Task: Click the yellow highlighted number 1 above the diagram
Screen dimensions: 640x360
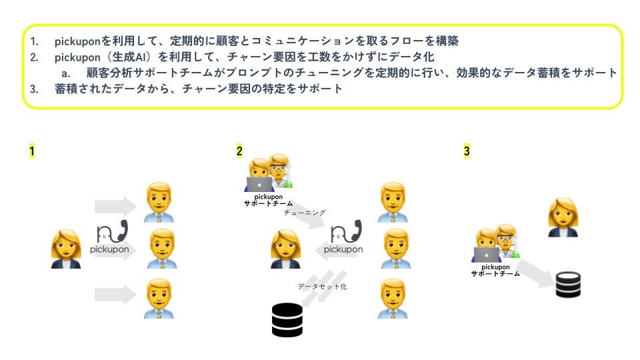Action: click(x=31, y=151)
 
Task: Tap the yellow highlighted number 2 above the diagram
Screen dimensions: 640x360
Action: click(x=239, y=151)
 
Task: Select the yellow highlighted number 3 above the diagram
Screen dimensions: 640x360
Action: click(x=467, y=151)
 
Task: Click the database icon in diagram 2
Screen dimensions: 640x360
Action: click(x=287, y=319)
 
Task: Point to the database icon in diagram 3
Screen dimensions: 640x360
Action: click(x=569, y=283)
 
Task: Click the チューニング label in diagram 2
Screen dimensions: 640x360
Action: click(x=305, y=213)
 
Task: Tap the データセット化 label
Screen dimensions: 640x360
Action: click(x=322, y=286)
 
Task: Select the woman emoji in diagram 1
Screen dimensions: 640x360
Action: click(x=66, y=249)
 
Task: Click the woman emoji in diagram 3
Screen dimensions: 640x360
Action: click(x=562, y=217)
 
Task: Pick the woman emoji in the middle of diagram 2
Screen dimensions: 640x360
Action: click(x=285, y=249)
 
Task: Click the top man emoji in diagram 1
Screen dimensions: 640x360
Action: click(x=159, y=201)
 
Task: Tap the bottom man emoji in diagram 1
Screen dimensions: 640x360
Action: click(x=159, y=298)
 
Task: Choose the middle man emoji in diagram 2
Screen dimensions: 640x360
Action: click(x=393, y=249)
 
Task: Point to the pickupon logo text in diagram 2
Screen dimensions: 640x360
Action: click(x=343, y=250)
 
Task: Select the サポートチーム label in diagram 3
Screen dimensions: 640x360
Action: click(x=495, y=273)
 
